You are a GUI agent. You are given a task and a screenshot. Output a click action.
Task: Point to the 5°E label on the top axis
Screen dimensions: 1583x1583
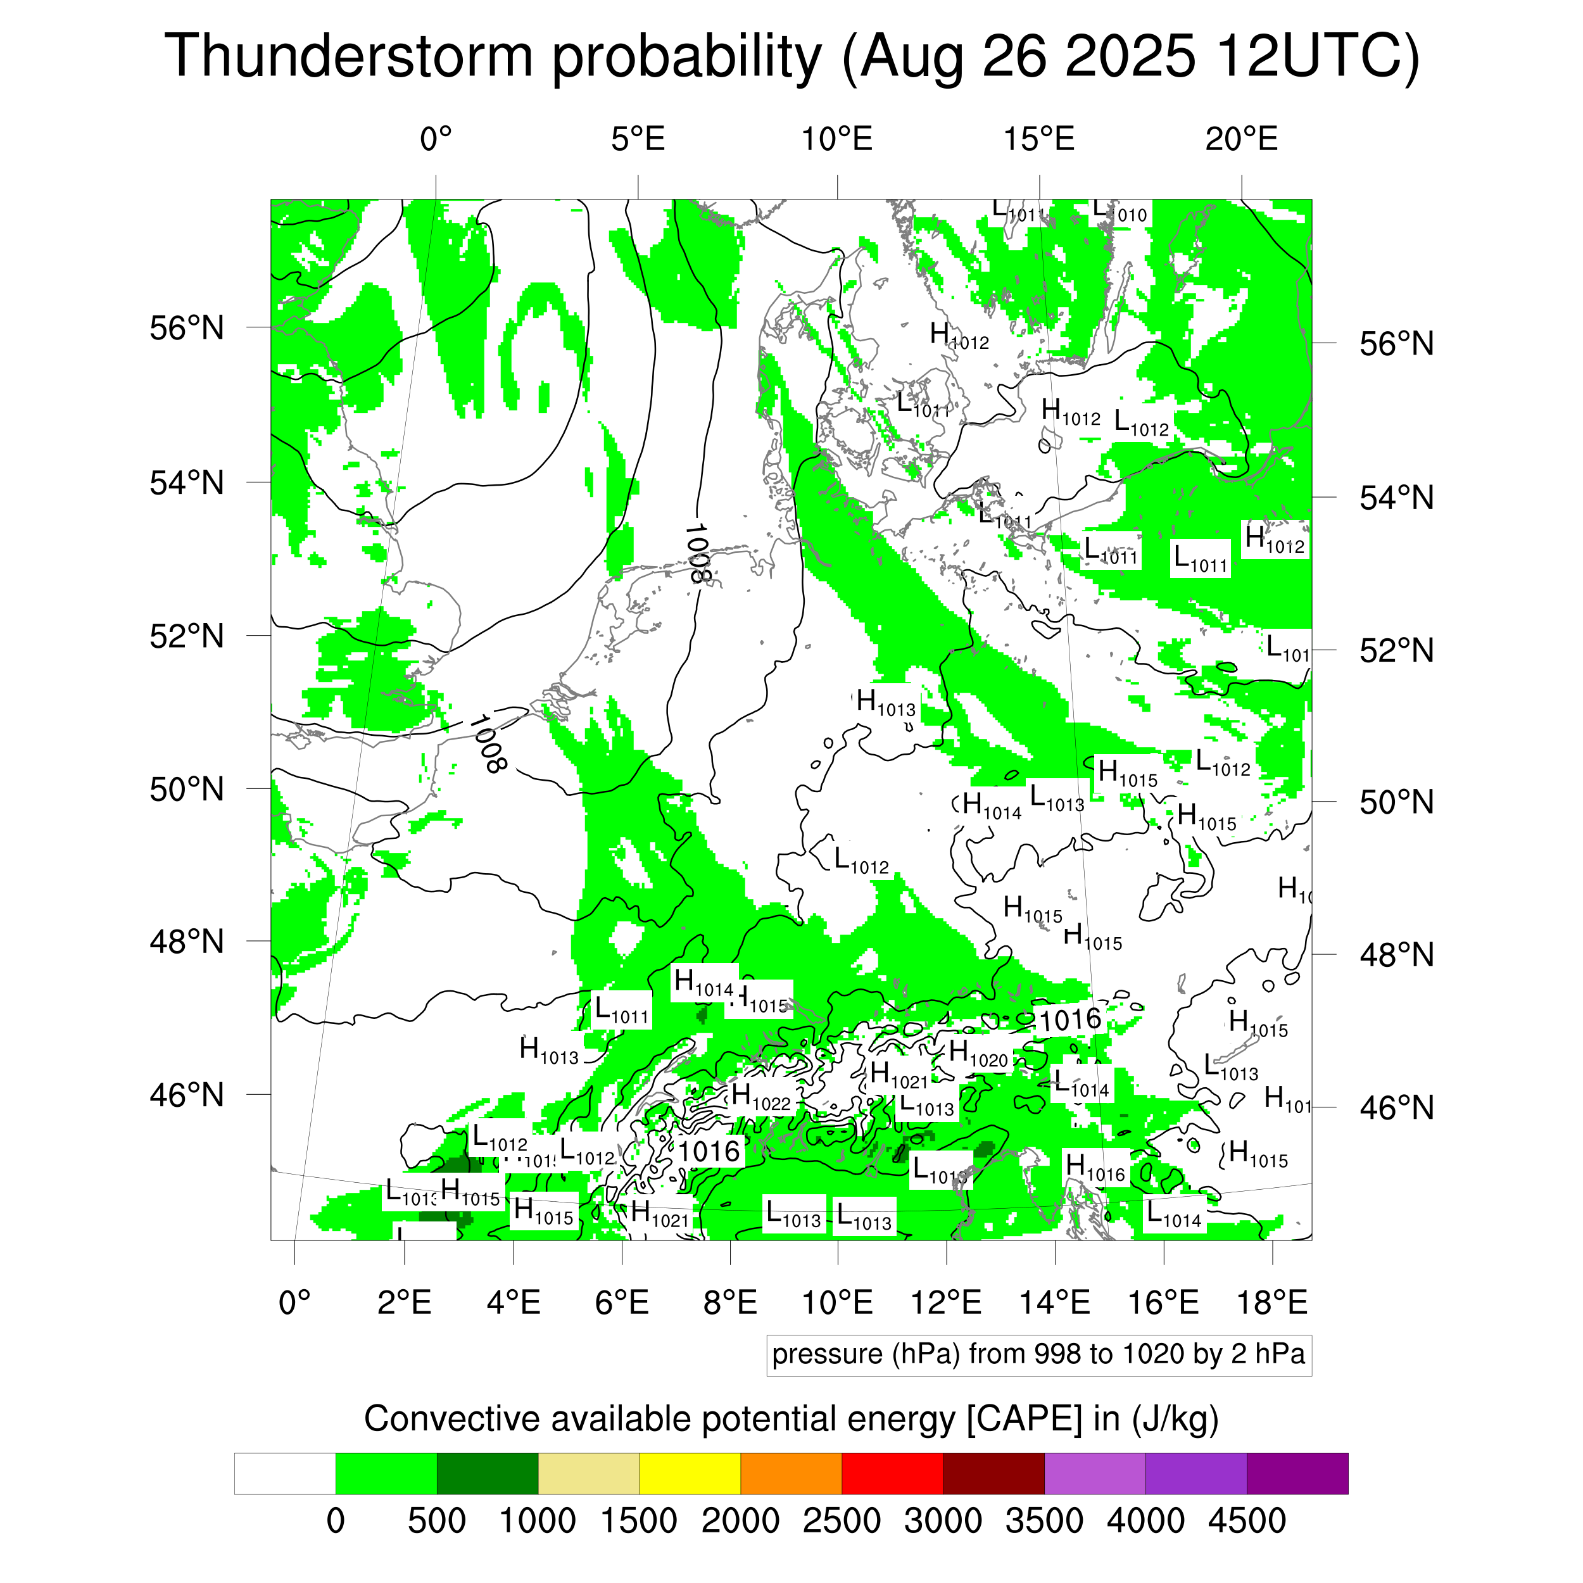(x=638, y=139)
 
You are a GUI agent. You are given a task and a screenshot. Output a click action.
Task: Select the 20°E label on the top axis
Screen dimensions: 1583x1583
(x=1240, y=139)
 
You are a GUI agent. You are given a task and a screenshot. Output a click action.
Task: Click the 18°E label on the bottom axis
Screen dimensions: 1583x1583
(x=1271, y=1302)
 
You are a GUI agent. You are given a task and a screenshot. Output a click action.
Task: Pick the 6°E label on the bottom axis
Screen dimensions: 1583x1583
(x=622, y=1302)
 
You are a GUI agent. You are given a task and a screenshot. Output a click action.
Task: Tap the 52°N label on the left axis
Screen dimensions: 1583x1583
(x=187, y=636)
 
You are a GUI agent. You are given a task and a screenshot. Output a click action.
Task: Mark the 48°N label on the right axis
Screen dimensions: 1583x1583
(x=1396, y=955)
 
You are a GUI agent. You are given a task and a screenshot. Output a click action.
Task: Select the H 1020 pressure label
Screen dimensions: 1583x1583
(x=978, y=1054)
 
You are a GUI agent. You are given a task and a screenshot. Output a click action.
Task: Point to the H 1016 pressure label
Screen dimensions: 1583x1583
(x=1095, y=1167)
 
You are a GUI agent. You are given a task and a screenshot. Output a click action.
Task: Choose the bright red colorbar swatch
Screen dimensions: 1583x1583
(x=892, y=1474)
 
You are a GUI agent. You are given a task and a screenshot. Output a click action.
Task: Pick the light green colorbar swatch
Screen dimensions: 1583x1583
(x=386, y=1474)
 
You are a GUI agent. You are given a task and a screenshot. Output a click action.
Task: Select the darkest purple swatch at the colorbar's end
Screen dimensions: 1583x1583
(x=1296, y=1474)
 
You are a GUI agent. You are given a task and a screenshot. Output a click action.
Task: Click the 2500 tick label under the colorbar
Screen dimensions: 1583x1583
(x=842, y=1521)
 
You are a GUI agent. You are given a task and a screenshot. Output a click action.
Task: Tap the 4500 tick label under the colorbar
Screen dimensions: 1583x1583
(x=1246, y=1521)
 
